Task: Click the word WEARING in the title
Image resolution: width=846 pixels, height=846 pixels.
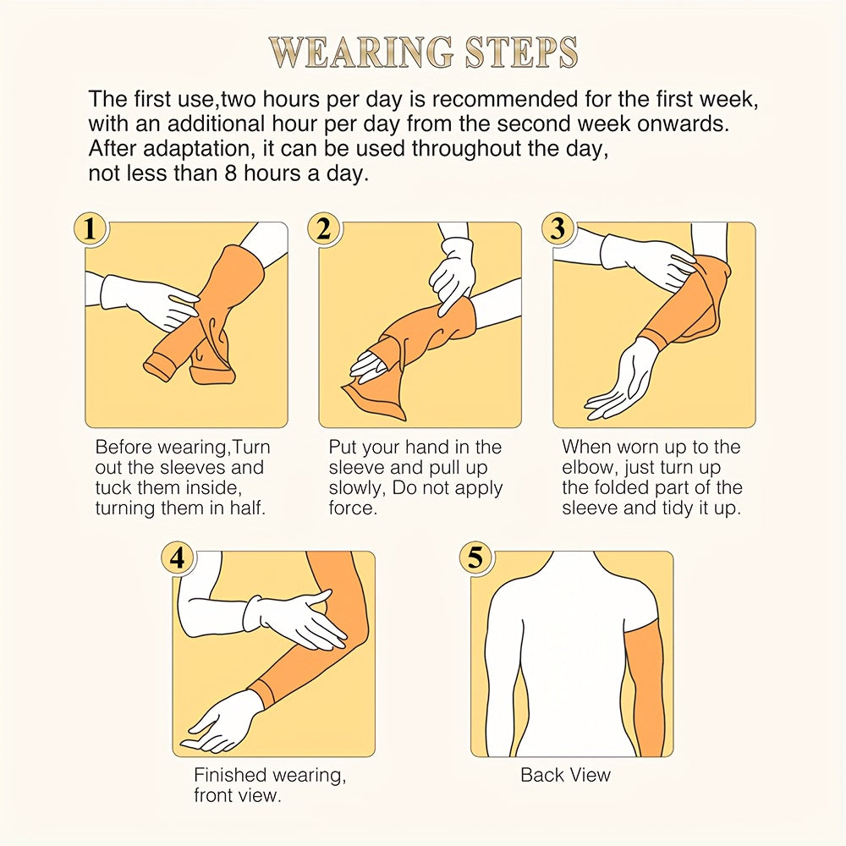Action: point(362,52)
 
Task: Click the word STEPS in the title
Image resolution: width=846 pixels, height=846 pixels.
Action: point(521,52)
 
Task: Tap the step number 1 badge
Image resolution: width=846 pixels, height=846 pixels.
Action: point(91,228)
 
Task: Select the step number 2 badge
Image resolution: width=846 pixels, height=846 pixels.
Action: point(324,228)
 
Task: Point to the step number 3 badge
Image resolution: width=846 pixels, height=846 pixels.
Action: point(558,228)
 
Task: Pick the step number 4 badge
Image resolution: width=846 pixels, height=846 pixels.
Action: point(178,557)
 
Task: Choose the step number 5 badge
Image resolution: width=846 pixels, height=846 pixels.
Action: point(475,557)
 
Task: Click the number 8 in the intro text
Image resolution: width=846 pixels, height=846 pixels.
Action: point(231,173)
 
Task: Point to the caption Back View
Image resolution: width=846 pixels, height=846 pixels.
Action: point(565,775)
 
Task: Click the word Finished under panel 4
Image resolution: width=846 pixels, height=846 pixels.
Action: point(230,775)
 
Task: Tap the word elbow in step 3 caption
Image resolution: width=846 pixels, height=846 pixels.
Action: point(587,467)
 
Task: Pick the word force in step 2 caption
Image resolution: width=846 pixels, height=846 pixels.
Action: point(353,508)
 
